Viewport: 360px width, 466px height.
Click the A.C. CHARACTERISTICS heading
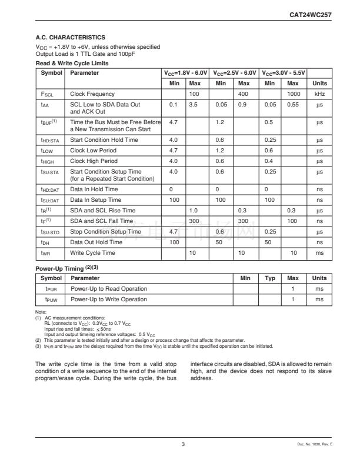(71, 38)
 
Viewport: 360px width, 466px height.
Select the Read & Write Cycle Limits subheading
(72, 62)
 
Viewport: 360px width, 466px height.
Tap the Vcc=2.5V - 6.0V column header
(235, 73)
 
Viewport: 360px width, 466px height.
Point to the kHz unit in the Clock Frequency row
(319, 94)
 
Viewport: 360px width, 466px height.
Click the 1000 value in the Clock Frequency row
(293, 94)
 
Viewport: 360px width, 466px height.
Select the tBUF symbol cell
(49, 122)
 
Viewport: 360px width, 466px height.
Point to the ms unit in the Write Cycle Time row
(319, 253)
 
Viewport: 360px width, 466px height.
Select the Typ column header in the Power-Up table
(270, 278)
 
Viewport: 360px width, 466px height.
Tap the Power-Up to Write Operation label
(109, 299)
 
